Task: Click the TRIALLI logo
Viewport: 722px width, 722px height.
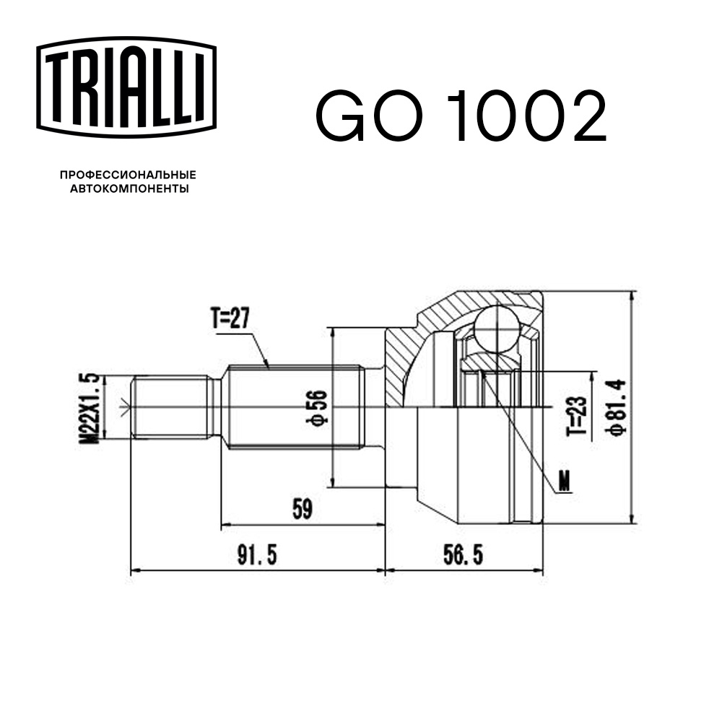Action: point(126,87)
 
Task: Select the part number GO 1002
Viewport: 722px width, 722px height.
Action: point(461,116)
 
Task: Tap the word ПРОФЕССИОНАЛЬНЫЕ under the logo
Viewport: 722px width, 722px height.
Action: point(128,175)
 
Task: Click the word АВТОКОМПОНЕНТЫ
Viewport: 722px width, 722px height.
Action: point(129,188)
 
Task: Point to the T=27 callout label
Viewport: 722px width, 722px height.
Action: point(230,318)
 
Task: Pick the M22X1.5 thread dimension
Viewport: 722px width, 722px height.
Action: point(90,408)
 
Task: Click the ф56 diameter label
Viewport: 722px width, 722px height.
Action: point(318,407)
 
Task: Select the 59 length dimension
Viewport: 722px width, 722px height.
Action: point(303,509)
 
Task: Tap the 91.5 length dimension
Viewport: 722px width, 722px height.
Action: point(257,555)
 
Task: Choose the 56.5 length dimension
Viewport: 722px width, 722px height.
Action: point(464,554)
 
